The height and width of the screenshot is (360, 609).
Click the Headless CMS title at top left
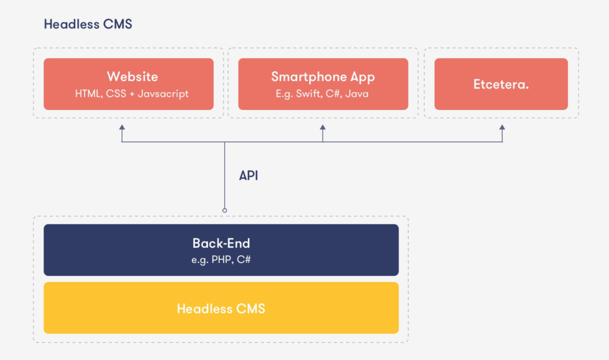point(87,24)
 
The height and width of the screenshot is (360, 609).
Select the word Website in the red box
point(132,77)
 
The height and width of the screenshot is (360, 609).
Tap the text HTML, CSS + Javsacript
point(132,93)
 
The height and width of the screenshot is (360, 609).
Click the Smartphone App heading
point(323,77)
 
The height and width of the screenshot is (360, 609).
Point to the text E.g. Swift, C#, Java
point(323,93)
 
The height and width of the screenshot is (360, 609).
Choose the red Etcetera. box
point(501,84)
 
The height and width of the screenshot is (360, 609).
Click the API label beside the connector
point(249,176)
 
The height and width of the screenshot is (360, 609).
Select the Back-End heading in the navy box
point(221,243)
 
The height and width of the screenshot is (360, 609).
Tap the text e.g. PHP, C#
point(221,259)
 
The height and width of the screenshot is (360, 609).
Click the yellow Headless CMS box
point(221,308)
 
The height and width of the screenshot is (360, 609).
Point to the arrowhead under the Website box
point(122,127)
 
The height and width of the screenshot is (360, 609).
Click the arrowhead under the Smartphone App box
point(322,127)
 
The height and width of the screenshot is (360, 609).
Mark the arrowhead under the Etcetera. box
point(502,127)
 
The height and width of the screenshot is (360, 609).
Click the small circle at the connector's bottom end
point(224,210)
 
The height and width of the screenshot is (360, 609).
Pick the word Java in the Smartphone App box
point(357,93)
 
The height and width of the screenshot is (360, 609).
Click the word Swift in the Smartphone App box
point(309,93)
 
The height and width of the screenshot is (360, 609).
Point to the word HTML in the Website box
point(87,93)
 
